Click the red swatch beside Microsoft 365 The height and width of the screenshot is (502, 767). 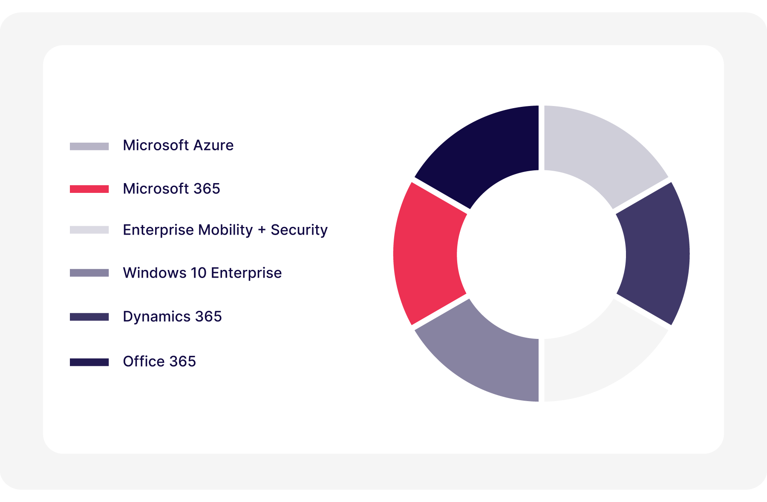tap(89, 189)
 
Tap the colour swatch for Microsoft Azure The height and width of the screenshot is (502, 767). tap(89, 146)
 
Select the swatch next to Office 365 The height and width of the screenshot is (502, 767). tap(89, 362)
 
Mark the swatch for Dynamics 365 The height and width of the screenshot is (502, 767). tap(89, 317)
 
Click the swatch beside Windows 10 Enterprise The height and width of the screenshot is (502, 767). tap(89, 273)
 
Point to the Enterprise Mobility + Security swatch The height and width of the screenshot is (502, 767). tap(89, 230)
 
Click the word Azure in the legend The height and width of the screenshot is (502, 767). tap(213, 146)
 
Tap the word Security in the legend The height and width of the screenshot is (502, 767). tap(299, 230)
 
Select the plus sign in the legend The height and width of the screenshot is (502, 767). tap(262, 230)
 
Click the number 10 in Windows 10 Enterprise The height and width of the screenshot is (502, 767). tap(199, 273)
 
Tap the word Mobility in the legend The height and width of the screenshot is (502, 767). tap(225, 230)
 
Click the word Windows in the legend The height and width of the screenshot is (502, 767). tap(154, 273)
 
